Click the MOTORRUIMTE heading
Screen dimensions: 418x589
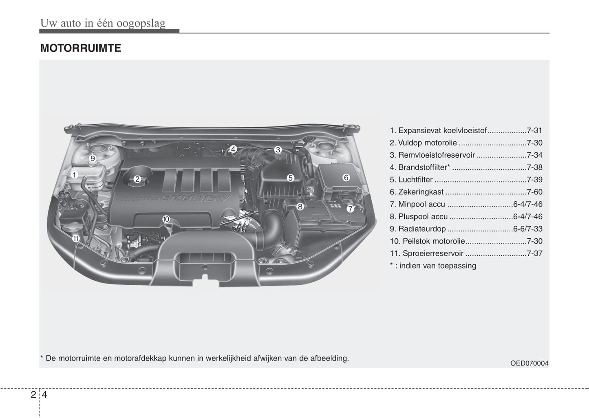pyautogui.click(x=81, y=48)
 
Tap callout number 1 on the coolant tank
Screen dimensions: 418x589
pyautogui.click(x=74, y=175)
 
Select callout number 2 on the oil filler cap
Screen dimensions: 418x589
pyautogui.click(x=137, y=179)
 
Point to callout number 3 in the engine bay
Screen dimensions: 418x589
pyautogui.click(x=278, y=150)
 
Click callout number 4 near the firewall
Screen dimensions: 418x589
pyautogui.click(x=233, y=150)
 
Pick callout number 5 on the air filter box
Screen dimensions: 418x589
pyautogui.click(x=290, y=178)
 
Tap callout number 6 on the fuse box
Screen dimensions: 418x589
pyautogui.click(x=346, y=177)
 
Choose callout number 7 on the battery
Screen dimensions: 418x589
pyautogui.click(x=351, y=209)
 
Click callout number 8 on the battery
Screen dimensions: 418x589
pyautogui.click(x=300, y=207)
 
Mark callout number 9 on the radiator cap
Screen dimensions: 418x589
pyautogui.click(x=93, y=158)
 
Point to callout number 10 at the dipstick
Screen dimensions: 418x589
pyautogui.click(x=166, y=219)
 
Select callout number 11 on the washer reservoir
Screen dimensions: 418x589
pyautogui.click(x=76, y=238)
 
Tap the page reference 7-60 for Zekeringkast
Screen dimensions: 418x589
pyautogui.click(x=534, y=192)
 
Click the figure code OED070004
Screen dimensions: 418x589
pyautogui.click(x=529, y=363)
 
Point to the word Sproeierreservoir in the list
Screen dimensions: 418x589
pyautogui.click(x=433, y=253)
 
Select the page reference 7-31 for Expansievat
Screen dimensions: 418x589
pyautogui.click(x=534, y=131)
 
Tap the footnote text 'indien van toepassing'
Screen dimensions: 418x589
pyautogui.click(x=437, y=266)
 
